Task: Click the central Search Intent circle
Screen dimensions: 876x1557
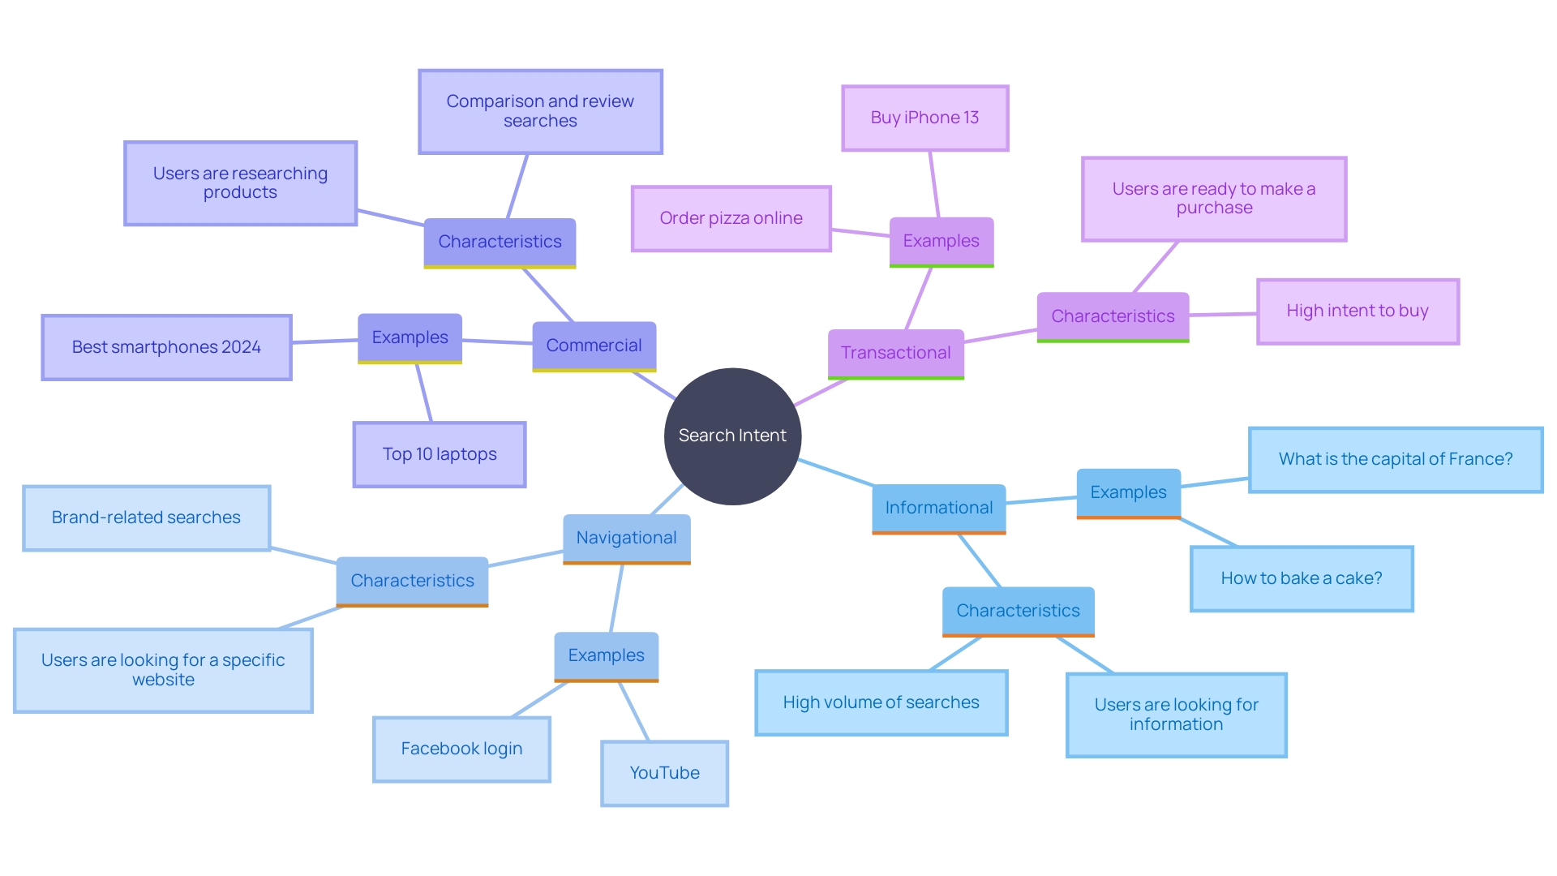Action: (732, 436)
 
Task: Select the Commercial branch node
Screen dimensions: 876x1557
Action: (594, 346)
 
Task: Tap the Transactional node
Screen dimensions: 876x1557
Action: (895, 353)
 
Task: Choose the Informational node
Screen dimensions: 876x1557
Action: (938, 508)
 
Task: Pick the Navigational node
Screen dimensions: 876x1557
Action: (626, 538)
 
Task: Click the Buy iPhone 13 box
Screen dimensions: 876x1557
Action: (924, 118)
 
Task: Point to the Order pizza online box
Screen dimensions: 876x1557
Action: (731, 218)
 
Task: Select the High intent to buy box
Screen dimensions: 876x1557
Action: (1357, 311)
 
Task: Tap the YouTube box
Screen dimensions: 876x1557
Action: (664, 773)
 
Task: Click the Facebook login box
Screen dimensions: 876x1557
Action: (461, 749)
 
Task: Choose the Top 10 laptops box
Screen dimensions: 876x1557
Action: (440, 454)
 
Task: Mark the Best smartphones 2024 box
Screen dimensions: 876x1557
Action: (166, 347)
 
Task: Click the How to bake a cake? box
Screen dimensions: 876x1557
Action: (1301, 578)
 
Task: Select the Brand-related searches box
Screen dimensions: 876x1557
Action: (146, 517)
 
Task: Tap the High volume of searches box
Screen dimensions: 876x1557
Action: (881, 702)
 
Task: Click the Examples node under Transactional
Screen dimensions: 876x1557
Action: (941, 241)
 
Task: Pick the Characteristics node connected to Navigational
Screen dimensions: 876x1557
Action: (412, 581)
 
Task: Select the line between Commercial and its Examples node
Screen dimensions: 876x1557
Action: (497, 342)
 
